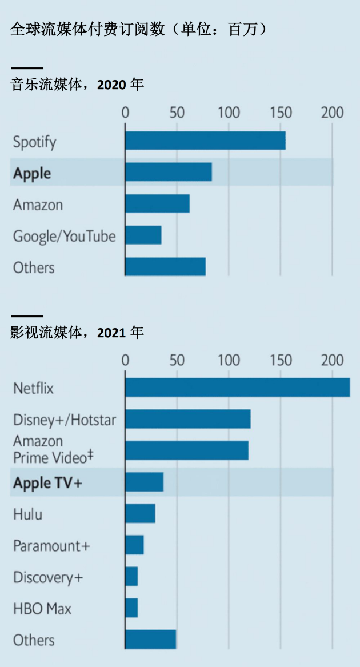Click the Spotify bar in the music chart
click(x=205, y=141)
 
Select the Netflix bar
click(x=237, y=388)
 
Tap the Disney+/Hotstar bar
click(x=187, y=419)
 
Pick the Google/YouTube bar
click(x=143, y=235)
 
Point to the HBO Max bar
click(x=131, y=608)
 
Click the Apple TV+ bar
click(x=144, y=482)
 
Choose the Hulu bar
click(x=140, y=514)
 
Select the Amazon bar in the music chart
click(x=157, y=204)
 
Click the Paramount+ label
click(x=51, y=546)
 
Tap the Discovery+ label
click(x=48, y=577)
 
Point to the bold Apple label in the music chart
click(x=32, y=173)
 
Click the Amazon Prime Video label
click(x=50, y=449)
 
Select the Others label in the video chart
click(x=34, y=640)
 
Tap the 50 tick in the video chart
click(x=177, y=360)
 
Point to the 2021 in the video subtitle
click(x=111, y=333)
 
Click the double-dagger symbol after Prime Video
click(x=90, y=456)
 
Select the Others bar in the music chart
click(x=165, y=267)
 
